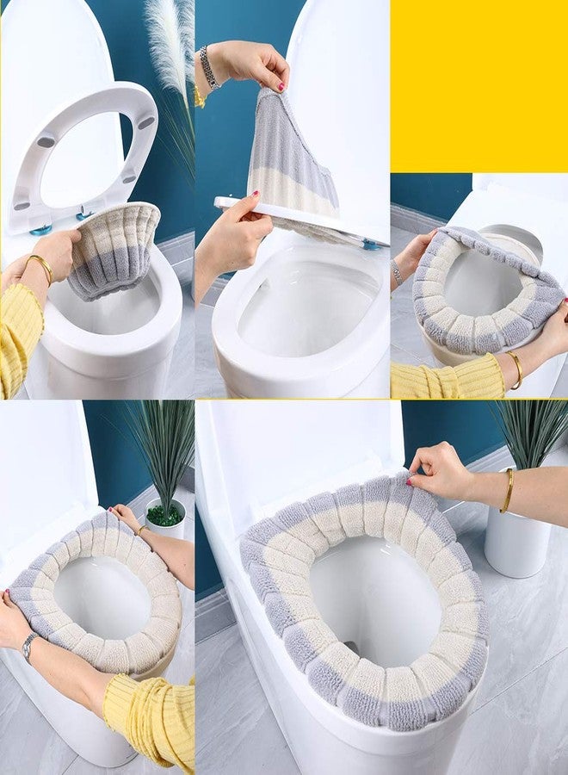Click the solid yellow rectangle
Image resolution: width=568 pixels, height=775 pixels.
click(x=478, y=86)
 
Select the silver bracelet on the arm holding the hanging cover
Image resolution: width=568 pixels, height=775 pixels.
click(x=207, y=66)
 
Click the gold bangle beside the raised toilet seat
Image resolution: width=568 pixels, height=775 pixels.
click(x=39, y=267)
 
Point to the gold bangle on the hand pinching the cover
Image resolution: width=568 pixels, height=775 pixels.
click(x=508, y=491)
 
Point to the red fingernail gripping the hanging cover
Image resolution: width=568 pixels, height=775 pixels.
click(x=281, y=87)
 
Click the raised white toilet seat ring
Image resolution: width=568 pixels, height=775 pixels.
click(x=82, y=155)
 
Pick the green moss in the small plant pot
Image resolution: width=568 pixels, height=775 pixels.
click(x=164, y=515)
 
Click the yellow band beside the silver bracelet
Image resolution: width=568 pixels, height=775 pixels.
click(x=199, y=95)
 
